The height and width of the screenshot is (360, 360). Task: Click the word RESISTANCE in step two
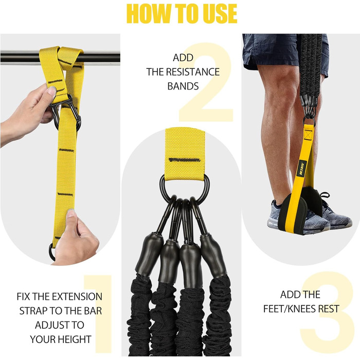click(x=193, y=72)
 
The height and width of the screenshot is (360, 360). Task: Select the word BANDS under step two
click(x=183, y=86)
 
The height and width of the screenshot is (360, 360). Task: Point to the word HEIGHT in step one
click(x=75, y=339)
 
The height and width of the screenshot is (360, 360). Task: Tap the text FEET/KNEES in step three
click(x=289, y=309)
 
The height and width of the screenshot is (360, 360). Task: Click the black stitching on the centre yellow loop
click(x=184, y=160)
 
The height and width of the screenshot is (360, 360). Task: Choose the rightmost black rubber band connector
click(x=213, y=255)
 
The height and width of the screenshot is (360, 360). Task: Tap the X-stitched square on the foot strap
click(x=309, y=134)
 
